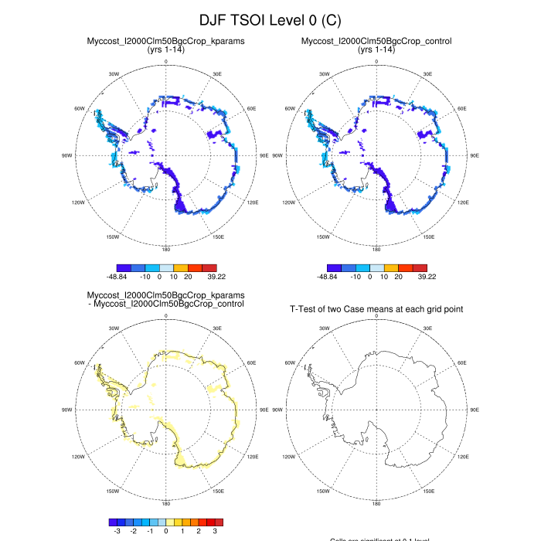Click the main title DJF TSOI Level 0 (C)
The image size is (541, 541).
[270, 19]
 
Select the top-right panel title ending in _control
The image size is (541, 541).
[376, 40]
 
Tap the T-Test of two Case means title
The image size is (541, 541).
[376, 309]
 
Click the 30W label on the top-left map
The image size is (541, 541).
[114, 75]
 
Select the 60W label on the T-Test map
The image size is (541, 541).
[291, 362]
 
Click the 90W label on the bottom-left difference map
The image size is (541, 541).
[67, 410]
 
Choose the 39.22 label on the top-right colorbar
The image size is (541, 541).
[427, 276]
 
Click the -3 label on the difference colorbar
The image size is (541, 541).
[117, 531]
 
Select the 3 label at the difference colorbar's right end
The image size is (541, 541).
[215, 531]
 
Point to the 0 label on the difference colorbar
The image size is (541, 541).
[166, 531]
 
